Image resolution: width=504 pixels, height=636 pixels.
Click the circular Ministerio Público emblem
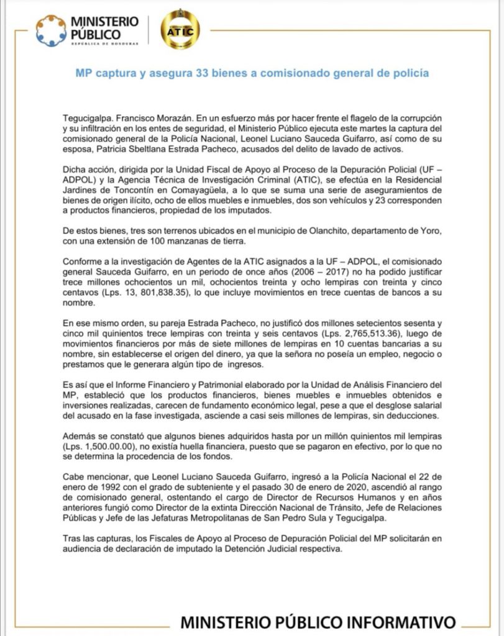tap(50, 30)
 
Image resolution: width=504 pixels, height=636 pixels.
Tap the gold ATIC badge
tap(180, 30)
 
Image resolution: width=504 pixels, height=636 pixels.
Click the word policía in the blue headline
tap(411, 73)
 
